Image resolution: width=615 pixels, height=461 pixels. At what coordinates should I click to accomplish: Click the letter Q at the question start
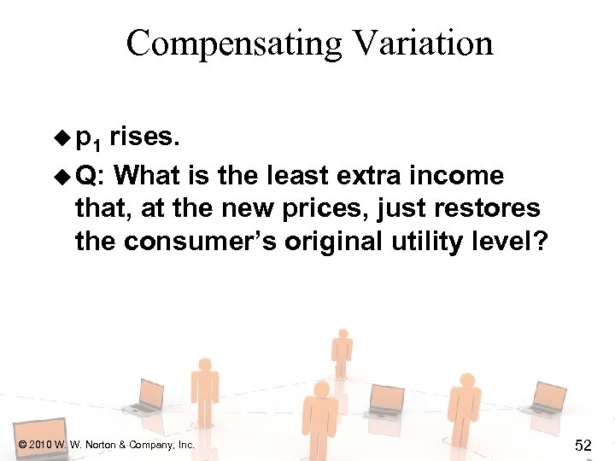(x=86, y=177)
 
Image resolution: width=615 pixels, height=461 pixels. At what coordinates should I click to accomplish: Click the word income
(x=460, y=176)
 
